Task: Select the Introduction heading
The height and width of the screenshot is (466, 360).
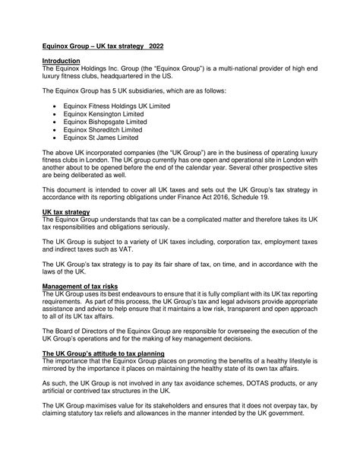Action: coord(62,61)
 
